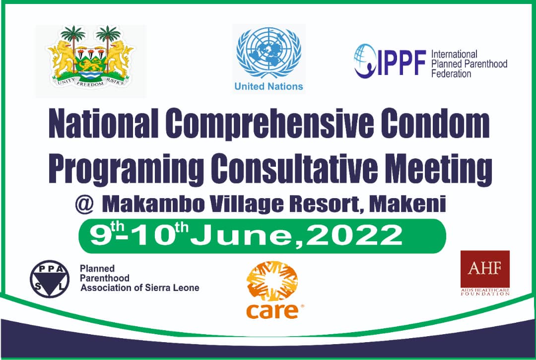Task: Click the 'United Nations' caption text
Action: [268, 86]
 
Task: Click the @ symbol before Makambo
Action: [81, 203]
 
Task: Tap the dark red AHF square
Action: [485, 269]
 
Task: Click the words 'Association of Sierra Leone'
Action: [139, 288]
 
